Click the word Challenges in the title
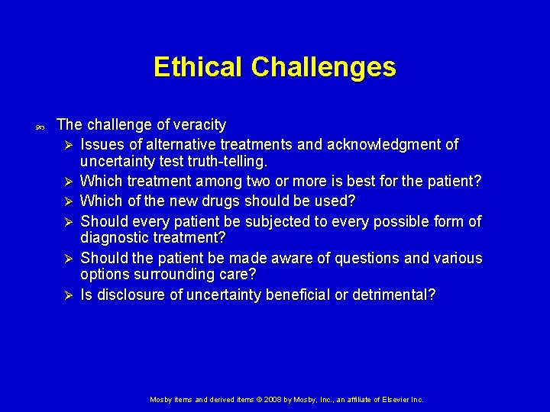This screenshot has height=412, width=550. (324, 67)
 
